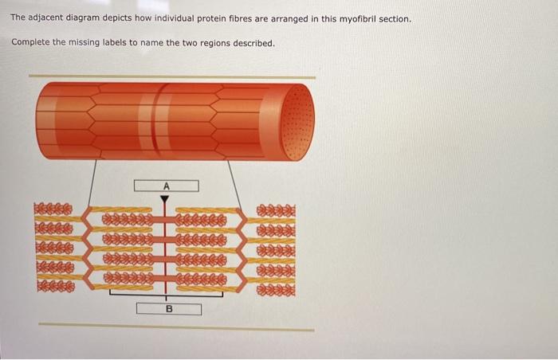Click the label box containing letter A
166,186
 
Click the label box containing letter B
168,308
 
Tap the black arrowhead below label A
165,198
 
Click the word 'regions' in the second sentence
214,41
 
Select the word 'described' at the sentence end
253,41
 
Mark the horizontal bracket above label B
168,294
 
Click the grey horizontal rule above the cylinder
171,76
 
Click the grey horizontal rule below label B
175,327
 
